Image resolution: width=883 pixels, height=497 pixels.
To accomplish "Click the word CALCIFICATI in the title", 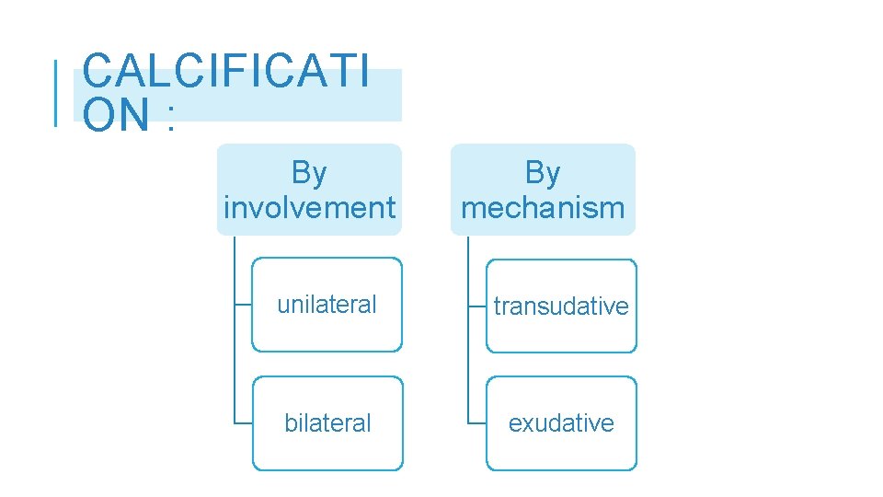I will [x=226, y=71].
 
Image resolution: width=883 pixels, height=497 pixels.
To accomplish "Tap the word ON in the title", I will [x=115, y=114].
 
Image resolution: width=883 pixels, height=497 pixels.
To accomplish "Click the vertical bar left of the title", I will [x=56, y=92].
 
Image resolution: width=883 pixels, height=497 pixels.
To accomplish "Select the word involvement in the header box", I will [x=309, y=208].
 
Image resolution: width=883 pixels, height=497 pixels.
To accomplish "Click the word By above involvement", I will [x=309, y=172].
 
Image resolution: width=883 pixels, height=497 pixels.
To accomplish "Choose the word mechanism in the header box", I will [x=543, y=208].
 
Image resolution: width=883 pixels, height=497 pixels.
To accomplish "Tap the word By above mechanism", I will [x=543, y=172].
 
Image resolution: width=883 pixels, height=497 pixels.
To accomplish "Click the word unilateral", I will [x=327, y=305].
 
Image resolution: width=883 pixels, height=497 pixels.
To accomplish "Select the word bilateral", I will [x=327, y=423].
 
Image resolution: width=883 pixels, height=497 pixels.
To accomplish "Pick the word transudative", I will [x=561, y=306].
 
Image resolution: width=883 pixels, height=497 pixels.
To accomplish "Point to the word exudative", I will [x=561, y=423].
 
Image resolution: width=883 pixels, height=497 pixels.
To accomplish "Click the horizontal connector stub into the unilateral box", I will [x=243, y=305].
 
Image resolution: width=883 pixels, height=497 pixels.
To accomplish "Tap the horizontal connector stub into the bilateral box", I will [x=243, y=423].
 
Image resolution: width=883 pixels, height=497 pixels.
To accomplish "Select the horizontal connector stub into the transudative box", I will [x=476, y=306].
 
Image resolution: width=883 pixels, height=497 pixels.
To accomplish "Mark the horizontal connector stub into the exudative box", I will [x=476, y=423].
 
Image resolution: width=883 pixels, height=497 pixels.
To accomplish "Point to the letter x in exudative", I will [x=528, y=424].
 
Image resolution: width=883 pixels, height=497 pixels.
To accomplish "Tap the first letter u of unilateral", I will [x=283, y=306].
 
